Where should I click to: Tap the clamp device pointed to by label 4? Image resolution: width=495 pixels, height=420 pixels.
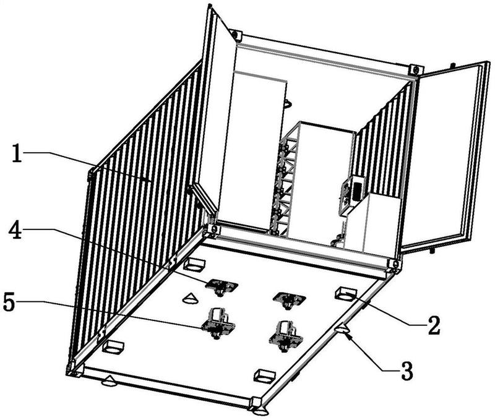tap(221, 286)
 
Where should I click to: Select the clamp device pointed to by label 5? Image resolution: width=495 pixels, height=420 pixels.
tap(216, 322)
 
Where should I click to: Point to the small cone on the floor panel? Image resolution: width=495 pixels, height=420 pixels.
tap(190, 298)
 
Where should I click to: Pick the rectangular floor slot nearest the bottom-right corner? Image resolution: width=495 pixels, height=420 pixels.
tap(265, 375)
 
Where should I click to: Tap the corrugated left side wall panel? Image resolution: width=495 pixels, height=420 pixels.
tap(142, 204)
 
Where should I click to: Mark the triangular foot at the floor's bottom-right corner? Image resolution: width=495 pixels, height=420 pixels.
tap(259, 409)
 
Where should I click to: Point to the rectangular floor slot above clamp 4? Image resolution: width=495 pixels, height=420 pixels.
tap(194, 265)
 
